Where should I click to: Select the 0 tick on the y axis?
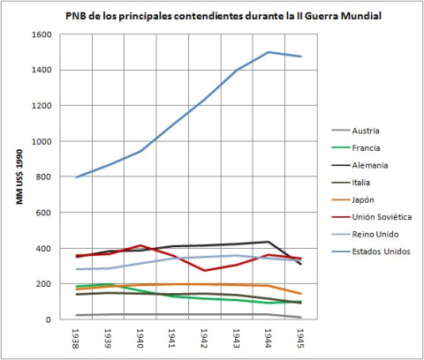coord(50,319)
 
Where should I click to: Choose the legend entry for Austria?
coord(366,131)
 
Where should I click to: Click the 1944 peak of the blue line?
coord(269,52)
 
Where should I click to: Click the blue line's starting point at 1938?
coord(78,177)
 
